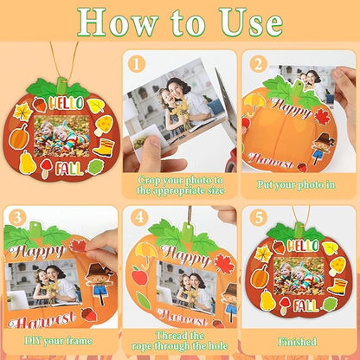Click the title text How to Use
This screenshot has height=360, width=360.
click(180, 24)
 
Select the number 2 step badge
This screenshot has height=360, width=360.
click(256, 64)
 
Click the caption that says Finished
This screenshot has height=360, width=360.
click(302, 342)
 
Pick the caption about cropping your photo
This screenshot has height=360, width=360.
click(179, 184)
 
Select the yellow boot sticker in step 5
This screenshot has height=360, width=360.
click(336, 286)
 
